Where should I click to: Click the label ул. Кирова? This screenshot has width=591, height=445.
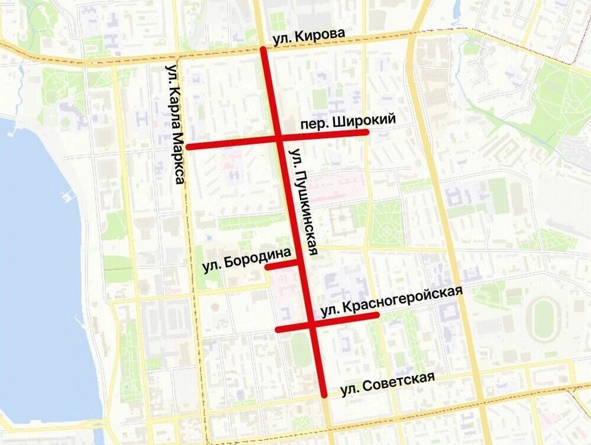pyautogui.click(x=308, y=37)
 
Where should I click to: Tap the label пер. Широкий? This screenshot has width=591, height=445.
pyautogui.click(x=347, y=122)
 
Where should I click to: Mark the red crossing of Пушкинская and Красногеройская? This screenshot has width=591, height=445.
pyautogui.click(x=311, y=325)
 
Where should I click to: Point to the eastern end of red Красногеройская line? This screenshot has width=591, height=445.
pyautogui.click(x=376, y=315)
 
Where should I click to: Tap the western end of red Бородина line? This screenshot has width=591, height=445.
pyautogui.click(x=267, y=267)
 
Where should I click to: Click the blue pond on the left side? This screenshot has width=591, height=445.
pyautogui.click(x=35, y=267)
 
